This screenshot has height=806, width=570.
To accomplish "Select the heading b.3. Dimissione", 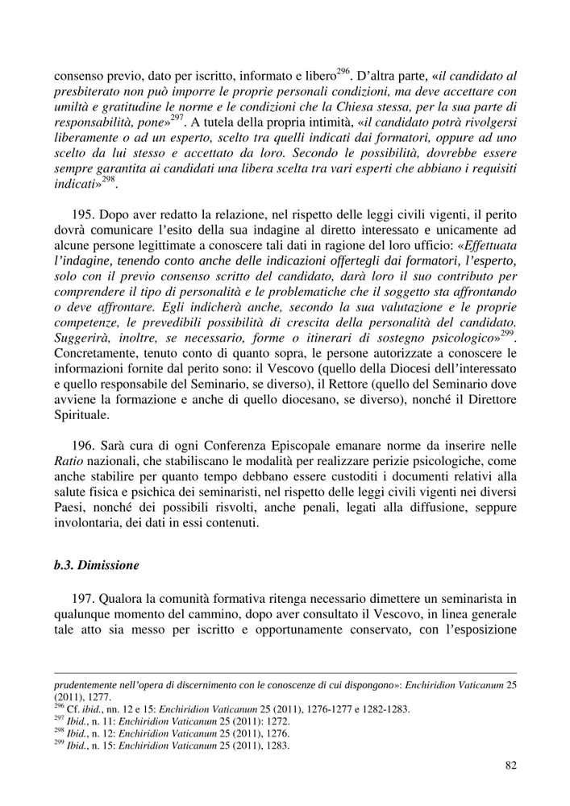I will pyautogui.click(x=96, y=566).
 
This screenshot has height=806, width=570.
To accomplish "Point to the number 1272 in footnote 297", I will pyautogui.click(x=264, y=721).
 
